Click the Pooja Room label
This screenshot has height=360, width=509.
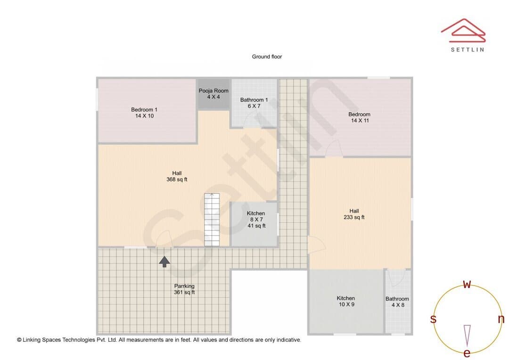[x=213, y=94]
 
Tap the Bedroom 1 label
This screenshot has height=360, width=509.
[x=144, y=113]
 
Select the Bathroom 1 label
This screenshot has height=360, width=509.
[x=254, y=103]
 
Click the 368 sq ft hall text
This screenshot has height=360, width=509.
[x=177, y=176]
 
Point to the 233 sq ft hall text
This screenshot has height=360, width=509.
[x=354, y=214]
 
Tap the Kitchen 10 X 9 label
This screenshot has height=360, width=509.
[x=346, y=301]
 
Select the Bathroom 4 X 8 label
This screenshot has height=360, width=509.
[x=397, y=302]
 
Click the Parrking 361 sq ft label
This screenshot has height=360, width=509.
[x=184, y=289]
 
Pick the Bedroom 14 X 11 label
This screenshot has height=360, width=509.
[x=360, y=117]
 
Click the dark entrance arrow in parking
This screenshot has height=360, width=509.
[x=164, y=262]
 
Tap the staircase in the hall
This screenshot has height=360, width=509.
[x=212, y=220]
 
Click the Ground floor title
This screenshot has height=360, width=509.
[x=267, y=57]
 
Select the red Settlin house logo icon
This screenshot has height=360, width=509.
[x=463, y=31]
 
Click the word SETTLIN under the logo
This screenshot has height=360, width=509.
[x=468, y=49]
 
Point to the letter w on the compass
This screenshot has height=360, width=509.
[x=467, y=284]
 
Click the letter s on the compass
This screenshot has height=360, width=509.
[x=434, y=319]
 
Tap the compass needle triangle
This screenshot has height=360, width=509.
[x=467, y=335]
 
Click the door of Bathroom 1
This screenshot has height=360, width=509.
[x=253, y=120]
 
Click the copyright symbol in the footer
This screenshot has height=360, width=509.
[x=19, y=340]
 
